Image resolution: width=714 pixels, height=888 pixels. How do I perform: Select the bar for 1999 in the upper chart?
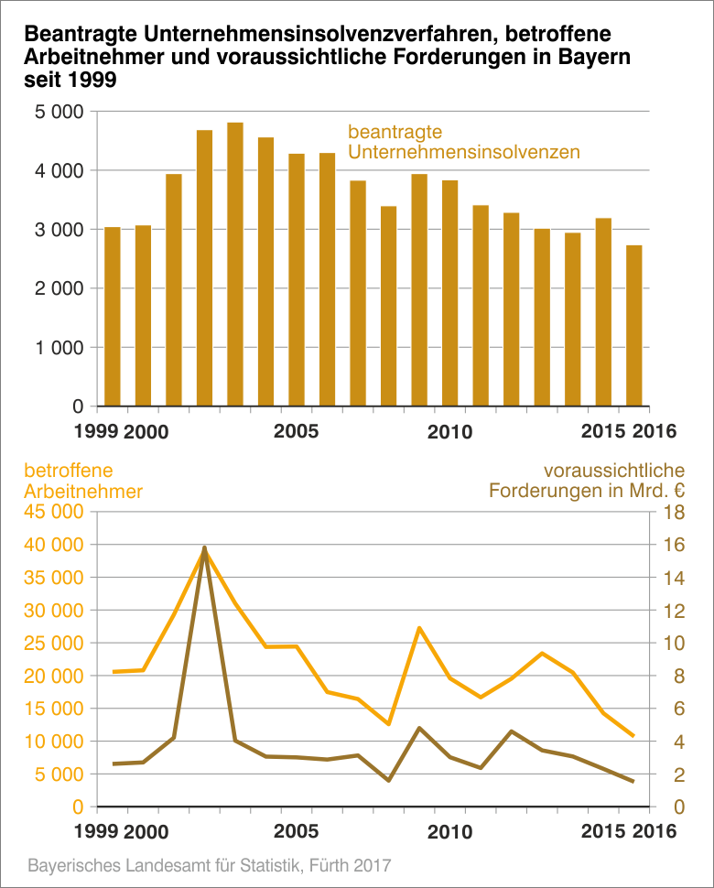tap(113, 316)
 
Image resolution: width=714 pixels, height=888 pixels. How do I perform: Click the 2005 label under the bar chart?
tap(297, 430)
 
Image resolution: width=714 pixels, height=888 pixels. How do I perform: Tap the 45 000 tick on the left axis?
tap(56, 513)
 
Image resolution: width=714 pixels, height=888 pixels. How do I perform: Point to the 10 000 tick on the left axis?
tap(56, 742)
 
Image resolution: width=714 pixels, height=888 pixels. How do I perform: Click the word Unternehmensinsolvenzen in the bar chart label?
tap(463, 152)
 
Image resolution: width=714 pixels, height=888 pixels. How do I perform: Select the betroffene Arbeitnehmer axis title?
tap(82, 481)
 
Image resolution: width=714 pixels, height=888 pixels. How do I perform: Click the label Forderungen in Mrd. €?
tap(587, 491)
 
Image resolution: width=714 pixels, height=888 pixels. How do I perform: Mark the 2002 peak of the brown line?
tap(204, 547)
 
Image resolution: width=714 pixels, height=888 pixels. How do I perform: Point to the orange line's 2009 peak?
tap(418, 628)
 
